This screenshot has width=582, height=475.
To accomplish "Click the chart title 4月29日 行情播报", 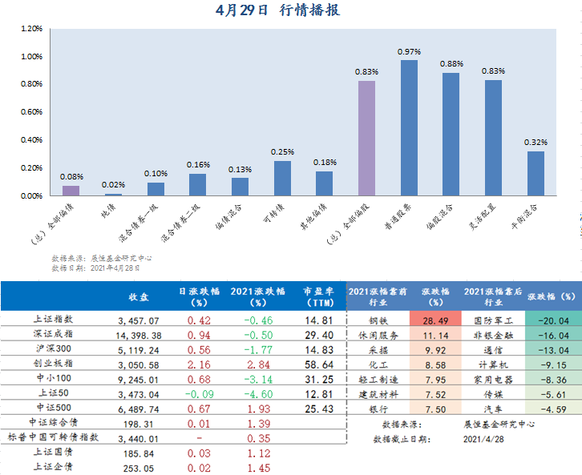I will coord(290,10).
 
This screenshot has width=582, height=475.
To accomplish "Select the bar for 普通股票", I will coord(409,128).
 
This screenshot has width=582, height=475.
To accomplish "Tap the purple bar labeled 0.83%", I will coord(366,138).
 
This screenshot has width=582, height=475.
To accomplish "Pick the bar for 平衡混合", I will coord(536,173).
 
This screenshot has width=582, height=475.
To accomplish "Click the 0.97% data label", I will coord(409,51).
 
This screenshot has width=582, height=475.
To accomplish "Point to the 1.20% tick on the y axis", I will coord(30,29).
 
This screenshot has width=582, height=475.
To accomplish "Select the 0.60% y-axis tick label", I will coord(30,112).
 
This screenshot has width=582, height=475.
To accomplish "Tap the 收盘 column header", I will coord(139,296).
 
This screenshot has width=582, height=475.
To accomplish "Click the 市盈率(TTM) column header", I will coord(318,296).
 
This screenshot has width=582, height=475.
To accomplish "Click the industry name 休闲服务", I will coord(378,335).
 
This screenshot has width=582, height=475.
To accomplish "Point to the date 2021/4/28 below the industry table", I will coord(483,439).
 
